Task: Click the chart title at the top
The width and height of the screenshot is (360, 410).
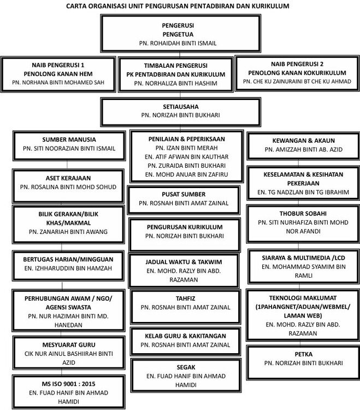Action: (x=178, y=6)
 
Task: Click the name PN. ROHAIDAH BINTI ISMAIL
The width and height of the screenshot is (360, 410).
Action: (x=178, y=43)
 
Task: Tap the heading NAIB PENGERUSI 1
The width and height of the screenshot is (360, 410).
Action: (x=58, y=65)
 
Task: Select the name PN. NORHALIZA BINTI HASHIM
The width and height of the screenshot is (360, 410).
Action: (x=175, y=83)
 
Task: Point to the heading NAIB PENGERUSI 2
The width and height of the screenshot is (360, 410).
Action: (x=297, y=64)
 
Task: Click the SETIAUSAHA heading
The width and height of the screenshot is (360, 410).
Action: (x=181, y=107)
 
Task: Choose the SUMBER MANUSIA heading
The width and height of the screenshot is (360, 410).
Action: (x=69, y=139)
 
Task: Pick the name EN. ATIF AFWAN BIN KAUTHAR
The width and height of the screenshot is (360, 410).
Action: (x=186, y=157)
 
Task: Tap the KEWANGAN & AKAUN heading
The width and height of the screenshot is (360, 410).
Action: (x=304, y=140)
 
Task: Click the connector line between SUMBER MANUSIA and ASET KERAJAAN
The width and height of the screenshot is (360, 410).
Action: (x=67, y=165)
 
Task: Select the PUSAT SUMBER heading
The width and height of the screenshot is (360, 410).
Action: (x=184, y=194)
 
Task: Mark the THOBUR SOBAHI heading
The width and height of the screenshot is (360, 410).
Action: (x=303, y=213)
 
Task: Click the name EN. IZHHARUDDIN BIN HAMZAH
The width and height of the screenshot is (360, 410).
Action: (x=68, y=268)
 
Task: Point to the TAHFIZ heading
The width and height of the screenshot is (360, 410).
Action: (x=186, y=298)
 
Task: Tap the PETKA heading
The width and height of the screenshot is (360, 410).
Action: (x=304, y=354)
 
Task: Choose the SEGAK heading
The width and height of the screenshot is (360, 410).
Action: (x=186, y=367)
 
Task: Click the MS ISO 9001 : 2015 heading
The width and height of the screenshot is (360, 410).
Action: (x=68, y=384)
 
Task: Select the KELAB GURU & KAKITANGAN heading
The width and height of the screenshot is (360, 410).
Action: (x=186, y=336)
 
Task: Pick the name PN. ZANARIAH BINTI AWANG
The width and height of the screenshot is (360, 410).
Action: (x=68, y=232)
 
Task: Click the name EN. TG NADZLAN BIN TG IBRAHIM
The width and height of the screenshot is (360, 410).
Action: (x=303, y=192)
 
